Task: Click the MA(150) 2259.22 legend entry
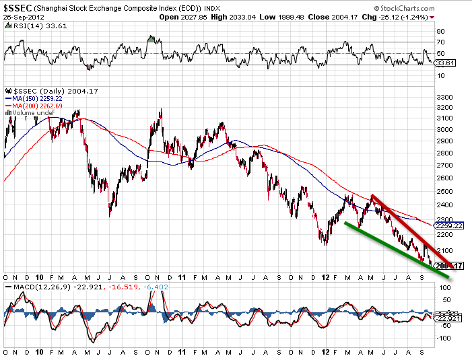pyautogui.click(x=33, y=98)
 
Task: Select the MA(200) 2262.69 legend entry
pyautogui.click(x=33, y=105)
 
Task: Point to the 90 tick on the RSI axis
pyautogui.click(x=440, y=31)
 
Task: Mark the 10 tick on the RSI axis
pyautogui.click(x=440, y=75)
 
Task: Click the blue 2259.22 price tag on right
pyautogui.click(x=449, y=226)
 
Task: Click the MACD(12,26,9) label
pyautogui.click(x=34, y=287)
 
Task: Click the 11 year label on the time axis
pyautogui.click(x=183, y=277)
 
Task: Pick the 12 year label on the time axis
pyautogui.click(x=326, y=277)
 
